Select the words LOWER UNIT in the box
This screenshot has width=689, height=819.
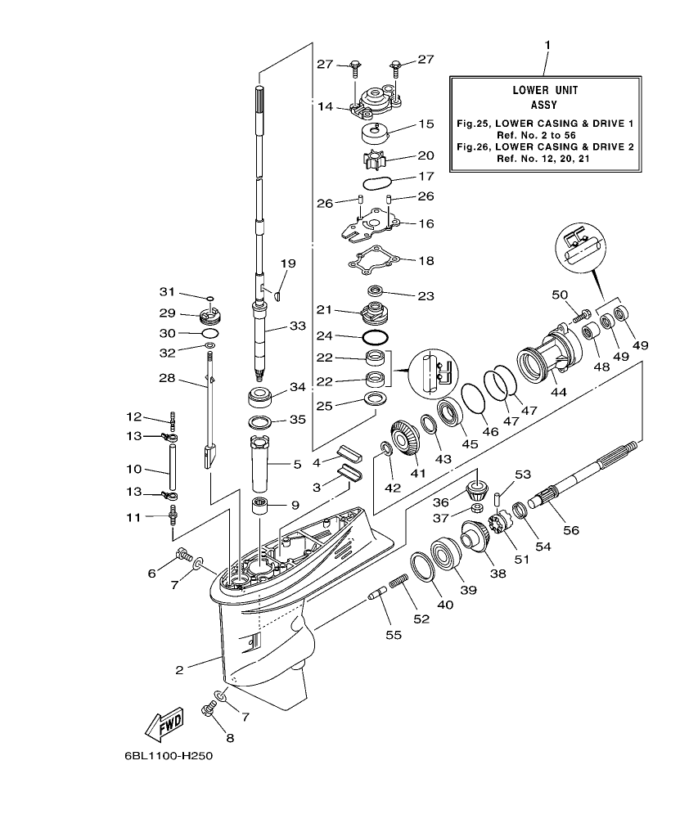(x=545, y=91)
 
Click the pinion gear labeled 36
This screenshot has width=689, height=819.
(x=477, y=493)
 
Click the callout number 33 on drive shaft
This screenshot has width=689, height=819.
(x=297, y=326)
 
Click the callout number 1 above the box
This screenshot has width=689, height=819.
(x=547, y=43)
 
